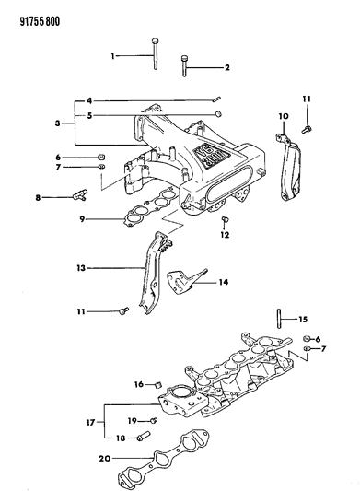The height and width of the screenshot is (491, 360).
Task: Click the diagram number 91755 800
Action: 34,12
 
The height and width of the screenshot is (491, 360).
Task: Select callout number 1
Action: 115,56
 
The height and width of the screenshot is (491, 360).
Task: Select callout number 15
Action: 302,320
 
